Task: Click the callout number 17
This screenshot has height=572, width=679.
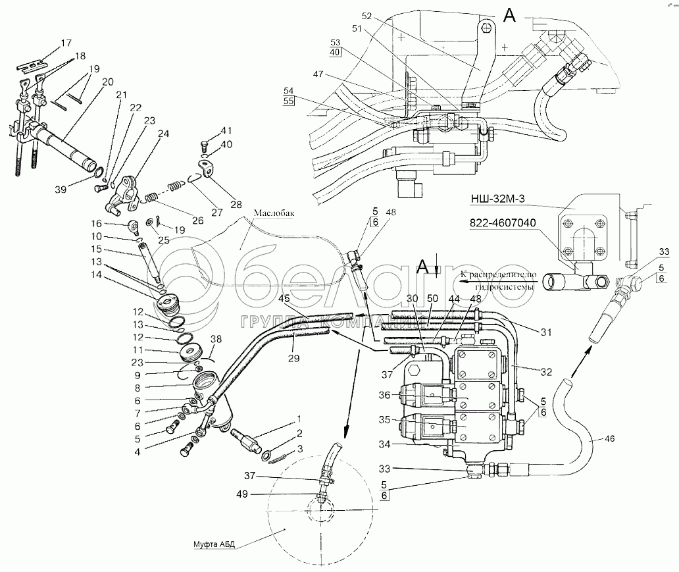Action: tap(66, 43)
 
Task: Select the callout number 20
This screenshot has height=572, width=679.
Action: tap(109, 81)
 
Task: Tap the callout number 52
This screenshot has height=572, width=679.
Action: tap(367, 16)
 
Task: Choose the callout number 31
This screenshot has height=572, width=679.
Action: tap(545, 332)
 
